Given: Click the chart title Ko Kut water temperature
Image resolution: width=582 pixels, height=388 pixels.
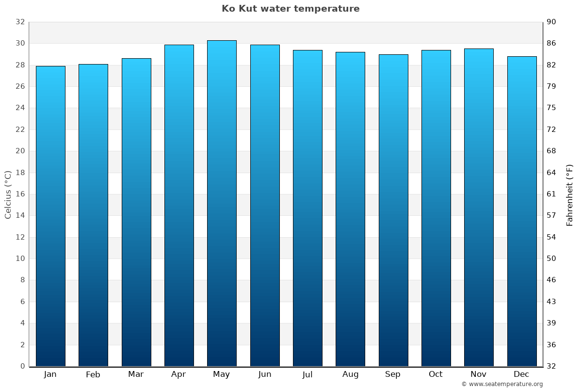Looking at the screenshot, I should tap(291, 9).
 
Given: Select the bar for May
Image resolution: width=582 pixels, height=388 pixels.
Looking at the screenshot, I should tap(222, 204).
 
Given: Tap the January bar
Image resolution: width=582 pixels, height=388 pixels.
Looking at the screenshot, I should tap(50, 216).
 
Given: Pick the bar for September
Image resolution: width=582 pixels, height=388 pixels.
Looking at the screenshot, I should tap(393, 210).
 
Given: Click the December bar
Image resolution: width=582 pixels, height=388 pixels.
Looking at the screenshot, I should tap(521, 211).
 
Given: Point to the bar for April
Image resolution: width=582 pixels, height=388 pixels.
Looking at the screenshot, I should tap(179, 206).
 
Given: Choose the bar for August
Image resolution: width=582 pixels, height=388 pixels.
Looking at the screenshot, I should tap(350, 209).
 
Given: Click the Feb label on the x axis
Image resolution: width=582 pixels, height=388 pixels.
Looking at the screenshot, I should tap(93, 374).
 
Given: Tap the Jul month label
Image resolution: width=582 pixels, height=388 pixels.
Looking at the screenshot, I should tap(307, 374).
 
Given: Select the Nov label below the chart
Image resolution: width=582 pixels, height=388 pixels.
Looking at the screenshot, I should tap(478, 374).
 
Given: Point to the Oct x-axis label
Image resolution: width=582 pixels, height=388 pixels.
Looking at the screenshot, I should tap(436, 374).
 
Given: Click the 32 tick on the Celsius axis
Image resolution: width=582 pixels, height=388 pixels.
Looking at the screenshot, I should tap(20, 22).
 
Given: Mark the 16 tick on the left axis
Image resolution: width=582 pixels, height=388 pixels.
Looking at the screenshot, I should tap(20, 194).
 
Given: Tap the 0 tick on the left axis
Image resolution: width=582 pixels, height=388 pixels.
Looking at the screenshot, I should tap(22, 366).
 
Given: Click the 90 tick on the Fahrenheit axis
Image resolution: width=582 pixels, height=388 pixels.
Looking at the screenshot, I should tap(552, 22).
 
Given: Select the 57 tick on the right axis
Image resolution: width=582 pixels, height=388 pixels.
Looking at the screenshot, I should tap(552, 216).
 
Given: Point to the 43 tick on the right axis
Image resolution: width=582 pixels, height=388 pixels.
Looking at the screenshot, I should tap(552, 302).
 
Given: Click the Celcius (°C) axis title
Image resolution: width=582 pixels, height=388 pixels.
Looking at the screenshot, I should tap(8, 194).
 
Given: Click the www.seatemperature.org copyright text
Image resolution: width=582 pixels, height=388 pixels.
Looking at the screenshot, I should tap(501, 384).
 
